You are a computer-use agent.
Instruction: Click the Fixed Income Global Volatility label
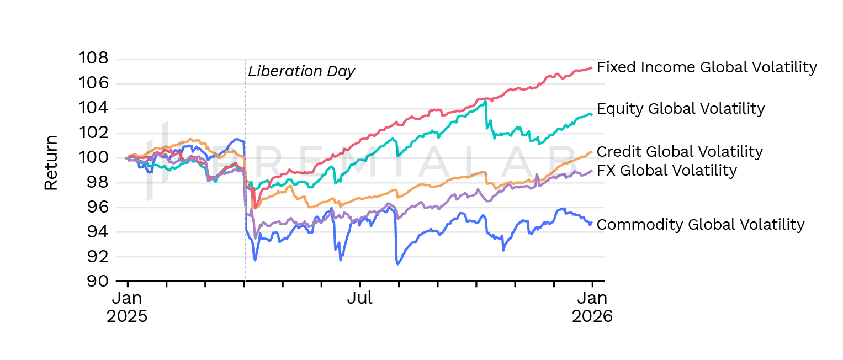pyautogui.click(x=707, y=67)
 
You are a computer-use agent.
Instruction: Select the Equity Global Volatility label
pyautogui.click(x=681, y=109)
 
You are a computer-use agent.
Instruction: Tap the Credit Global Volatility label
pyautogui.click(x=680, y=151)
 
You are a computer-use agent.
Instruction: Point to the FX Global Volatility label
pyautogui.click(x=667, y=170)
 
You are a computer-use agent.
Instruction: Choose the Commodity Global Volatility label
pyautogui.click(x=701, y=225)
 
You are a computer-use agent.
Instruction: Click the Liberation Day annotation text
pyautogui.click(x=301, y=71)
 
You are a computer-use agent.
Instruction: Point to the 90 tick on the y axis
pyautogui.click(x=97, y=281)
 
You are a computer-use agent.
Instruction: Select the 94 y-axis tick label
pyautogui.click(x=97, y=232)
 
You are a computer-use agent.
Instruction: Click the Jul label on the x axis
pyautogui.click(x=359, y=299)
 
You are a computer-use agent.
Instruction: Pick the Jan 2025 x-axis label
pyautogui.click(x=127, y=308)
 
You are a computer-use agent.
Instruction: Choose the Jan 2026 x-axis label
pyautogui.click(x=592, y=308)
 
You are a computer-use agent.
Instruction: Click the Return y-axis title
pyautogui.click(x=51, y=163)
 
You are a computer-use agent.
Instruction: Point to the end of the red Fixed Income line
pyautogui.click(x=592, y=67)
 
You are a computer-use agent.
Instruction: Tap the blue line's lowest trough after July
pyautogui.click(x=397, y=264)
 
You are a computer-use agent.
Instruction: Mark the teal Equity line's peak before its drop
pyautogui.click(x=485, y=102)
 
